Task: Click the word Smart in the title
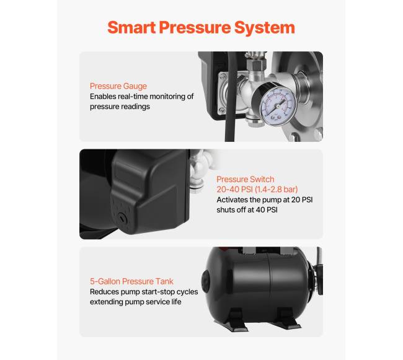131,27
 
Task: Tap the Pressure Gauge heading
118,86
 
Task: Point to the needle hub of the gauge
278,106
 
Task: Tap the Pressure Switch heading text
245,179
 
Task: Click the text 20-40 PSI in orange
234,189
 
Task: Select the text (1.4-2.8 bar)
277,189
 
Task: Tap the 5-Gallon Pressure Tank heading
131,281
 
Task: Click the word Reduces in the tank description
104,292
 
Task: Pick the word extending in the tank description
106,302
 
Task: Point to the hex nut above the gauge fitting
255,64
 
